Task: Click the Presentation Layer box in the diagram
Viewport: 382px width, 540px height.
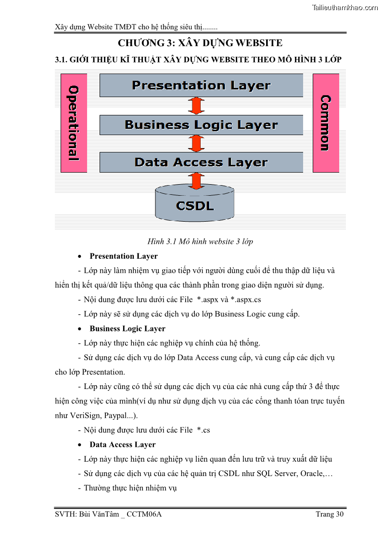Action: coord(201,86)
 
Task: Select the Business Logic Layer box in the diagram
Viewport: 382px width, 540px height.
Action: coord(201,125)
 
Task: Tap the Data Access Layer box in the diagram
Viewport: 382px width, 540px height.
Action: coord(201,163)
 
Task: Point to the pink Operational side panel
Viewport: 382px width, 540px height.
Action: coord(73,123)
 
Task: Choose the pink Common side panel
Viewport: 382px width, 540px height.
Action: coord(326,123)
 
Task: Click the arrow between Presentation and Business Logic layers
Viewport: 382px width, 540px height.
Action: coord(195,106)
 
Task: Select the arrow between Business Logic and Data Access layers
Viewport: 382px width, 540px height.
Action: coord(195,143)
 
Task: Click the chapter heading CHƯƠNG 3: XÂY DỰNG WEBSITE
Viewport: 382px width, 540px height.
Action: coord(200,43)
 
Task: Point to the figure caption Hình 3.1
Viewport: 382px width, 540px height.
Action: coord(200,241)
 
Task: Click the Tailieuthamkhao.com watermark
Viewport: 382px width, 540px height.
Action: coord(344,7)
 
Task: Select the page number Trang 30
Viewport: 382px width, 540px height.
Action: coord(330,515)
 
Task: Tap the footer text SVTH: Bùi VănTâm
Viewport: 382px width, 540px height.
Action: coord(108,515)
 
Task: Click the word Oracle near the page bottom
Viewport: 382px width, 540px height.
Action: coord(311,474)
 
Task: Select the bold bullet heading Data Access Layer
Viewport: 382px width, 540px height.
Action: coord(123,445)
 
